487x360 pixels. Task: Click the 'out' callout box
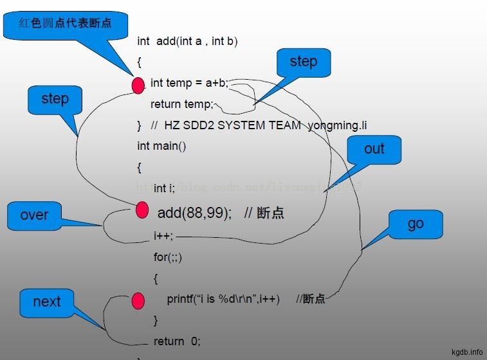[x=374, y=149]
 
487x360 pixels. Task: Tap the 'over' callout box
[x=34, y=215]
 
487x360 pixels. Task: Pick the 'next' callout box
[x=46, y=302]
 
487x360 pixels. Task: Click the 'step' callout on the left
[x=55, y=99]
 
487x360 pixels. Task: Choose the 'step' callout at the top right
[x=303, y=62]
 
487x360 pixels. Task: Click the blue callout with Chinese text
[x=65, y=23]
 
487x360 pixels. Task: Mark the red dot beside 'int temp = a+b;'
[x=138, y=84]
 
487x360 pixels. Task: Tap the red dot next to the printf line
[x=138, y=300]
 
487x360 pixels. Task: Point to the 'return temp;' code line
[x=181, y=104]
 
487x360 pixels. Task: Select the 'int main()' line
[x=161, y=146]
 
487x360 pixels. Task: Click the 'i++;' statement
[x=163, y=236]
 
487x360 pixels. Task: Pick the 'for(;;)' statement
[x=168, y=257]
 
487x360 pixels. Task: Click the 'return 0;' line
[x=177, y=341]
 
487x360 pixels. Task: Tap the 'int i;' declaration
[x=164, y=188]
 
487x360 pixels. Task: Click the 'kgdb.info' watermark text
[x=467, y=352]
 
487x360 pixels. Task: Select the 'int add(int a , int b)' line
[x=187, y=41]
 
